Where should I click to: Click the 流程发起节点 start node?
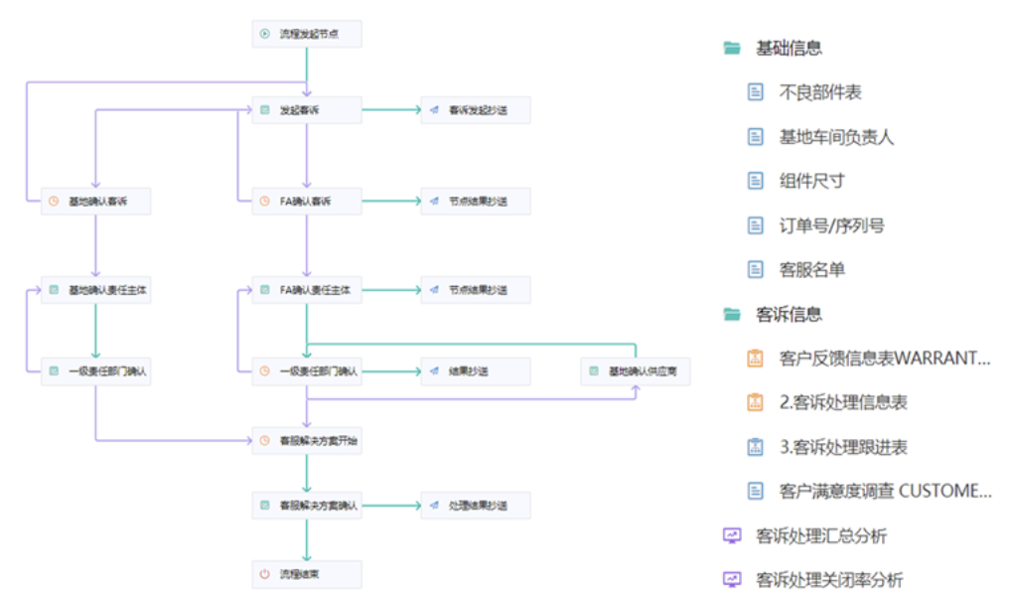click(306, 34)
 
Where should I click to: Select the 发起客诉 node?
click(306, 110)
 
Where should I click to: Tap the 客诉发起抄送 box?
click(476, 110)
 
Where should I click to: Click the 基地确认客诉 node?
click(95, 202)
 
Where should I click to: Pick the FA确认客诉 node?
click(306, 202)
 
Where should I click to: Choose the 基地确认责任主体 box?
click(95, 290)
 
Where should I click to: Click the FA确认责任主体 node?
click(306, 290)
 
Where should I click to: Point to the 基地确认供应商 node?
click(636, 371)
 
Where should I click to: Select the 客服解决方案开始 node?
click(306, 439)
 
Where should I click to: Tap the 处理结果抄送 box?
click(476, 506)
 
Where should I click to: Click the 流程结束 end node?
click(306, 574)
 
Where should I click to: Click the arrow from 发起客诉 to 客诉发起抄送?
click(391, 110)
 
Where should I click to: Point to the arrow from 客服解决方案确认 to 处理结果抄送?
click(391, 506)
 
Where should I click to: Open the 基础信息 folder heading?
click(789, 49)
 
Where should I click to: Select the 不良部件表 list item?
click(820, 92)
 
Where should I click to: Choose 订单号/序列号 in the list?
click(831, 225)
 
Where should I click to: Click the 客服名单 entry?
click(811, 269)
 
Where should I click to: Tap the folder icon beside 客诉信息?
click(732, 315)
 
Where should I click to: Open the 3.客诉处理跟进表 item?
click(843, 447)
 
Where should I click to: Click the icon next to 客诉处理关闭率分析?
click(732, 580)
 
